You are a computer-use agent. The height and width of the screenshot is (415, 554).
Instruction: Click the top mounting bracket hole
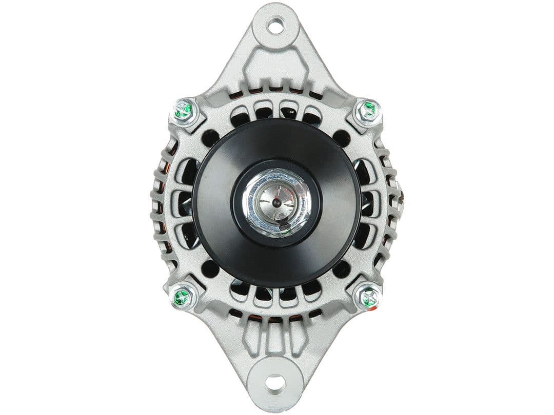point(275,26)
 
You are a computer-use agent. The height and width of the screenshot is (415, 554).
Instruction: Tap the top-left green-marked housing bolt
point(183,110)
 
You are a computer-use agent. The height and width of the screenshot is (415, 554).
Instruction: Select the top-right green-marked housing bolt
point(368,110)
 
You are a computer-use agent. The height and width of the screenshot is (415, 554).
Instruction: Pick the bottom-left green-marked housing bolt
point(183,297)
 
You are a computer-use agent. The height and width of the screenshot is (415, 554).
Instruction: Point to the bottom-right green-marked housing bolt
point(368,297)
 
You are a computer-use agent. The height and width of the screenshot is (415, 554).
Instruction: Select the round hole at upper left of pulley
point(210,137)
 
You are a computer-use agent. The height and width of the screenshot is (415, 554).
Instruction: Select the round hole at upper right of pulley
point(341,137)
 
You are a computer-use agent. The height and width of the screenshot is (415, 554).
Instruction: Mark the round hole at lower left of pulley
point(210,268)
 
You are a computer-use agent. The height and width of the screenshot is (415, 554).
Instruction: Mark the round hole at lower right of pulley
point(341,268)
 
